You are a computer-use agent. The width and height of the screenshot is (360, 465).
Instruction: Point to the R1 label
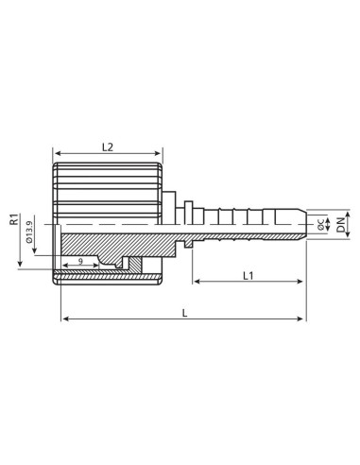14,220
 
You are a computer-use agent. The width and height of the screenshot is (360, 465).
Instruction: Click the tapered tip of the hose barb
304,221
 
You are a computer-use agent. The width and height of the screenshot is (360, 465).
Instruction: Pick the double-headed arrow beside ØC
317,221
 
